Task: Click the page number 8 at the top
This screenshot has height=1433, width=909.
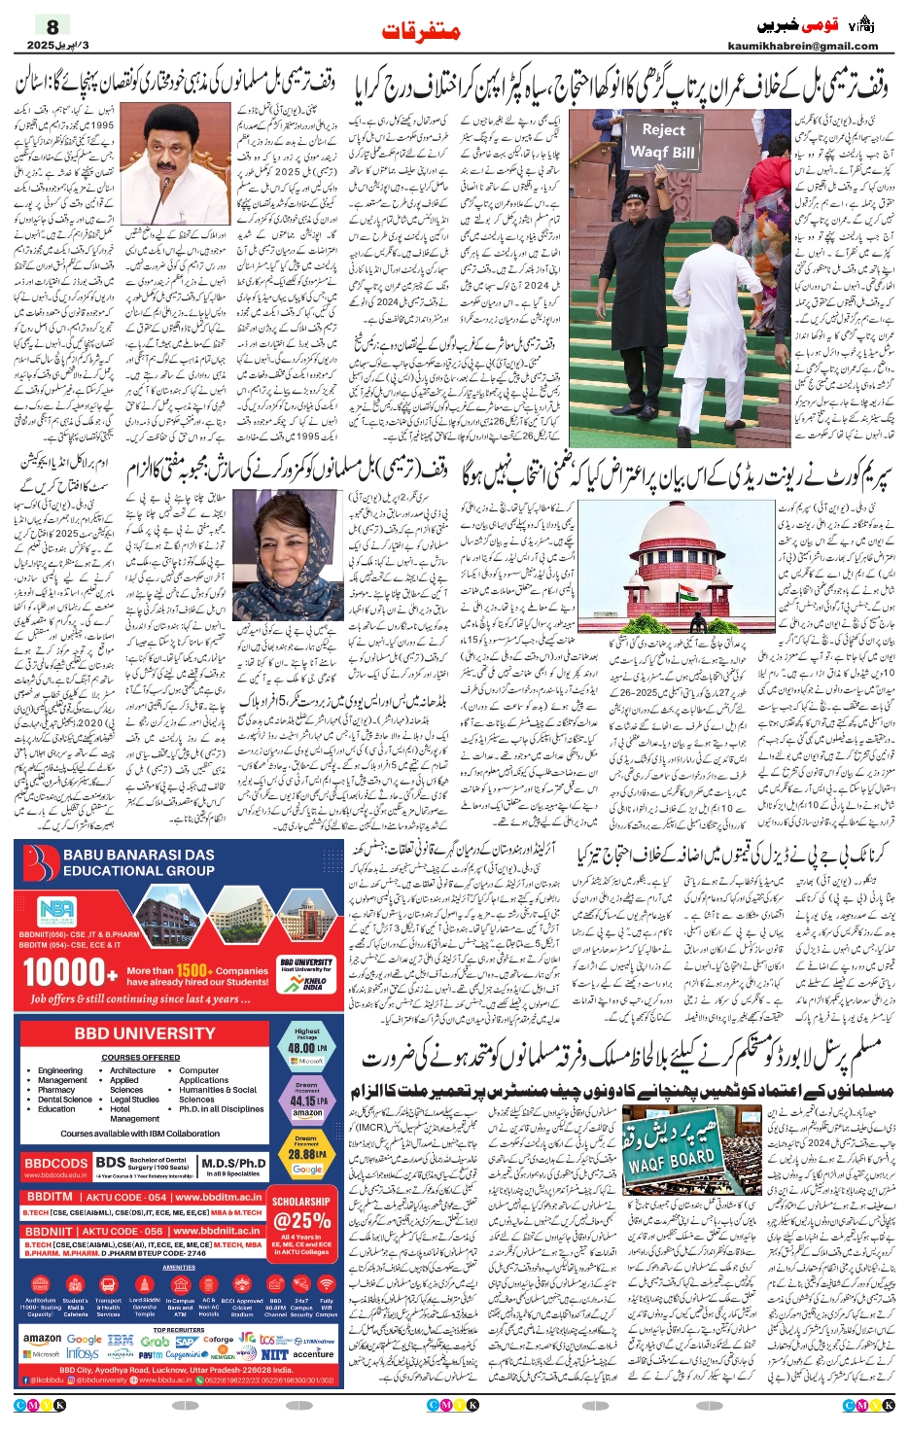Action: click(x=52, y=27)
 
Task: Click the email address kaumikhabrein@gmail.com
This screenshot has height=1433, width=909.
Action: click(x=802, y=46)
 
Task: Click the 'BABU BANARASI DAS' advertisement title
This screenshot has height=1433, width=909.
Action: click(x=138, y=863)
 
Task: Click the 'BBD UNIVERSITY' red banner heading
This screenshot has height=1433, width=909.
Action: click(x=144, y=1033)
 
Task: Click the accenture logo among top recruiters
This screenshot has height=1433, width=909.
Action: click(x=313, y=1353)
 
